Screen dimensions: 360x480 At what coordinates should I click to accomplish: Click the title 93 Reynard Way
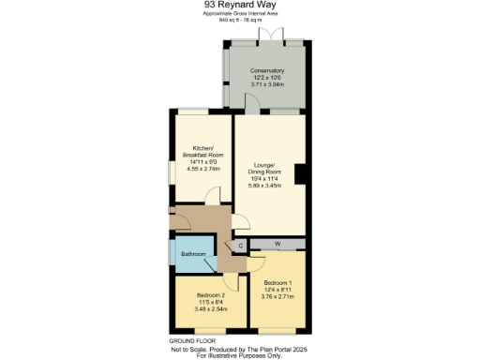239,5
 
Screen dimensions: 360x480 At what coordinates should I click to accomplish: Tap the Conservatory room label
266,70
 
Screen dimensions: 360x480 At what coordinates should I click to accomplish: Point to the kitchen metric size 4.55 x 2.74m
204,170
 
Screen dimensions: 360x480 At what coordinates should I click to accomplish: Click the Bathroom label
193,254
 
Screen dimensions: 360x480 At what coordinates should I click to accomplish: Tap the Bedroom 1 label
278,283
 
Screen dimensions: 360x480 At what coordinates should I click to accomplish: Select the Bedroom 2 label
207,296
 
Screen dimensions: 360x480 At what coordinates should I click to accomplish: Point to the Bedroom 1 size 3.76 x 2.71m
278,297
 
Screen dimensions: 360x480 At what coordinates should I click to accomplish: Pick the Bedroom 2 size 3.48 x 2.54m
207,309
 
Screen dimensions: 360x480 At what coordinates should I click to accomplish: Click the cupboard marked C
240,246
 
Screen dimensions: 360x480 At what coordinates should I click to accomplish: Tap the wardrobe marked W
277,244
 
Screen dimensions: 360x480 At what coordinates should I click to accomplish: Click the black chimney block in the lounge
299,175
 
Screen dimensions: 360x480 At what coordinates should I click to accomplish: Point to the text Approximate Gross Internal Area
239,14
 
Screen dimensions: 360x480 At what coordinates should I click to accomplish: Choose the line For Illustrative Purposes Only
239,355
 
